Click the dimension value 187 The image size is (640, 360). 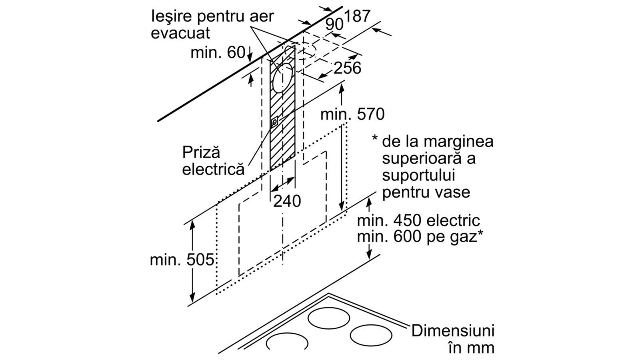click(357, 16)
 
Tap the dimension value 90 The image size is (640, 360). click(334, 24)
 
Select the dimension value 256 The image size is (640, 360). click(347, 68)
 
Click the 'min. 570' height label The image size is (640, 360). click(352, 114)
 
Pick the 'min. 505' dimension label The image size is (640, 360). click(182, 260)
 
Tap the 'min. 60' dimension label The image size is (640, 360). click(218, 52)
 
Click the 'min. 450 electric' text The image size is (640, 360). click(418, 220)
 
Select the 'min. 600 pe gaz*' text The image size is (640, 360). click(420, 237)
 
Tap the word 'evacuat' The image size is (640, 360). click(180, 33)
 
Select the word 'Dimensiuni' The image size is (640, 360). click(453, 331)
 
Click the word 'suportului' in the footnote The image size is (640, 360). click(418, 175)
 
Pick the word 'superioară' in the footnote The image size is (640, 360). click(422, 158)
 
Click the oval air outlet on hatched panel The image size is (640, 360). click(283, 78)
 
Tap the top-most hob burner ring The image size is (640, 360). click(328, 318)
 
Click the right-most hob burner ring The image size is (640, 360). click(371, 336)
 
